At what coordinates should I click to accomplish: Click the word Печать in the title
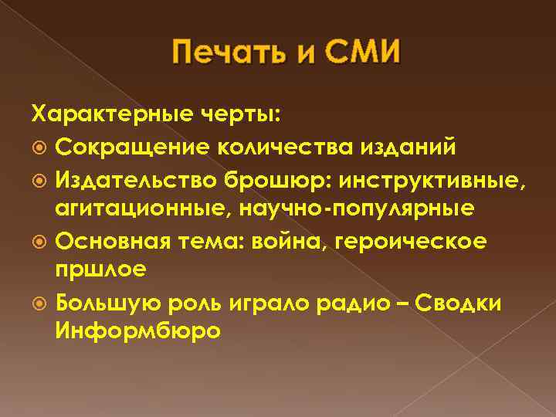point(220,56)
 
